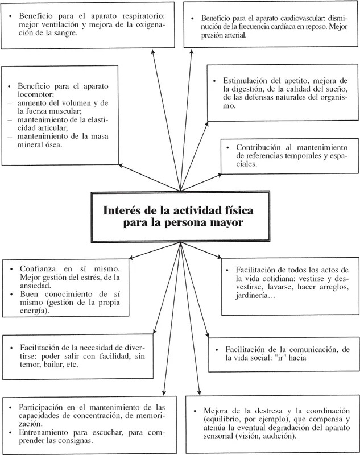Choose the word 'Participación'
(x=45, y=407)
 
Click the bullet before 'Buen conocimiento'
(x=12, y=293)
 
